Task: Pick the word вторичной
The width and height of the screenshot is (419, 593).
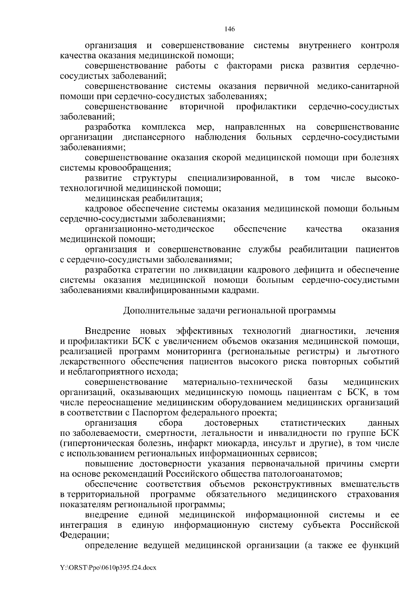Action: tap(202, 107)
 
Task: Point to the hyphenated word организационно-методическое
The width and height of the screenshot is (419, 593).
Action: tap(149, 229)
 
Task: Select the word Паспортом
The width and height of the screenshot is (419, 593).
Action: tap(156, 412)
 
